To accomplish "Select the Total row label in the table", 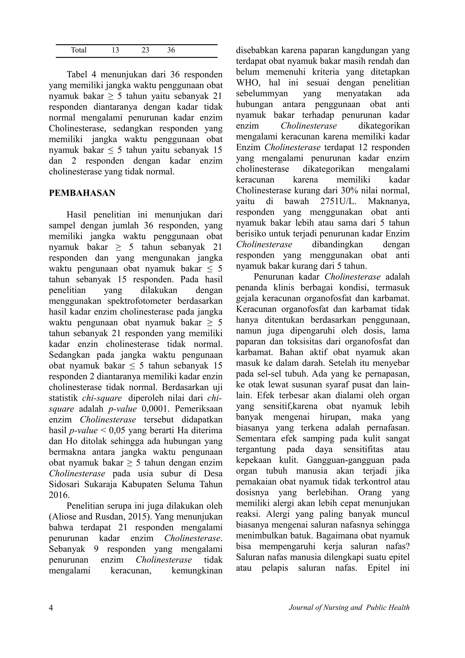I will click(79, 50).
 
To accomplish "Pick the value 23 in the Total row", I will click(145, 50).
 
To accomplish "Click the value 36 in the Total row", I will click(171, 50).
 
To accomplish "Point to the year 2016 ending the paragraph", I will click(59, 495).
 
